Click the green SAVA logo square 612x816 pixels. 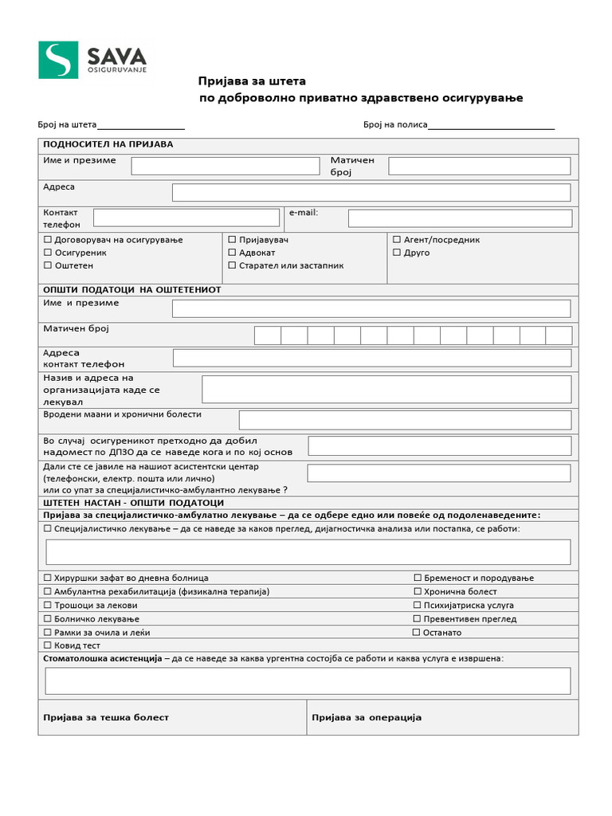pos(58,60)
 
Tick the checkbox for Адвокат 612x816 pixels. pos(232,253)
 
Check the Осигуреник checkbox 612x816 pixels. pos(48,253)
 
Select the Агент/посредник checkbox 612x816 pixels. pos(397,239)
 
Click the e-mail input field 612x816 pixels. pos(460,218)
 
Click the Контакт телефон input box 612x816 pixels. pos(186,218)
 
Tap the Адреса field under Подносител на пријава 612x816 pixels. pos(371,192)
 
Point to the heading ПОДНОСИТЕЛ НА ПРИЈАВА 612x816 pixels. pos(108,144)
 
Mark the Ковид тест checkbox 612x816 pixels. pos(48,645)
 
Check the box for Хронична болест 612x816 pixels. pos(417,591)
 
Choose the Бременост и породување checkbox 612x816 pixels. pos(417,578)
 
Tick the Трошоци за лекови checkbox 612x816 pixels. pos(48,606)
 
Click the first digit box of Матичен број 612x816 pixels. pos(267,335)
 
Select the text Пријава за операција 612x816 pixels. pos(366,717)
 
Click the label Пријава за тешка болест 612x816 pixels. pos(105,717)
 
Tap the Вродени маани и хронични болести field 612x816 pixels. pos(405,420)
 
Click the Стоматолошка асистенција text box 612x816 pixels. pos(308,681)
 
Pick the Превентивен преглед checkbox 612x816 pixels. pos(417,618)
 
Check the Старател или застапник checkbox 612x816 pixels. pos(232,265)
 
